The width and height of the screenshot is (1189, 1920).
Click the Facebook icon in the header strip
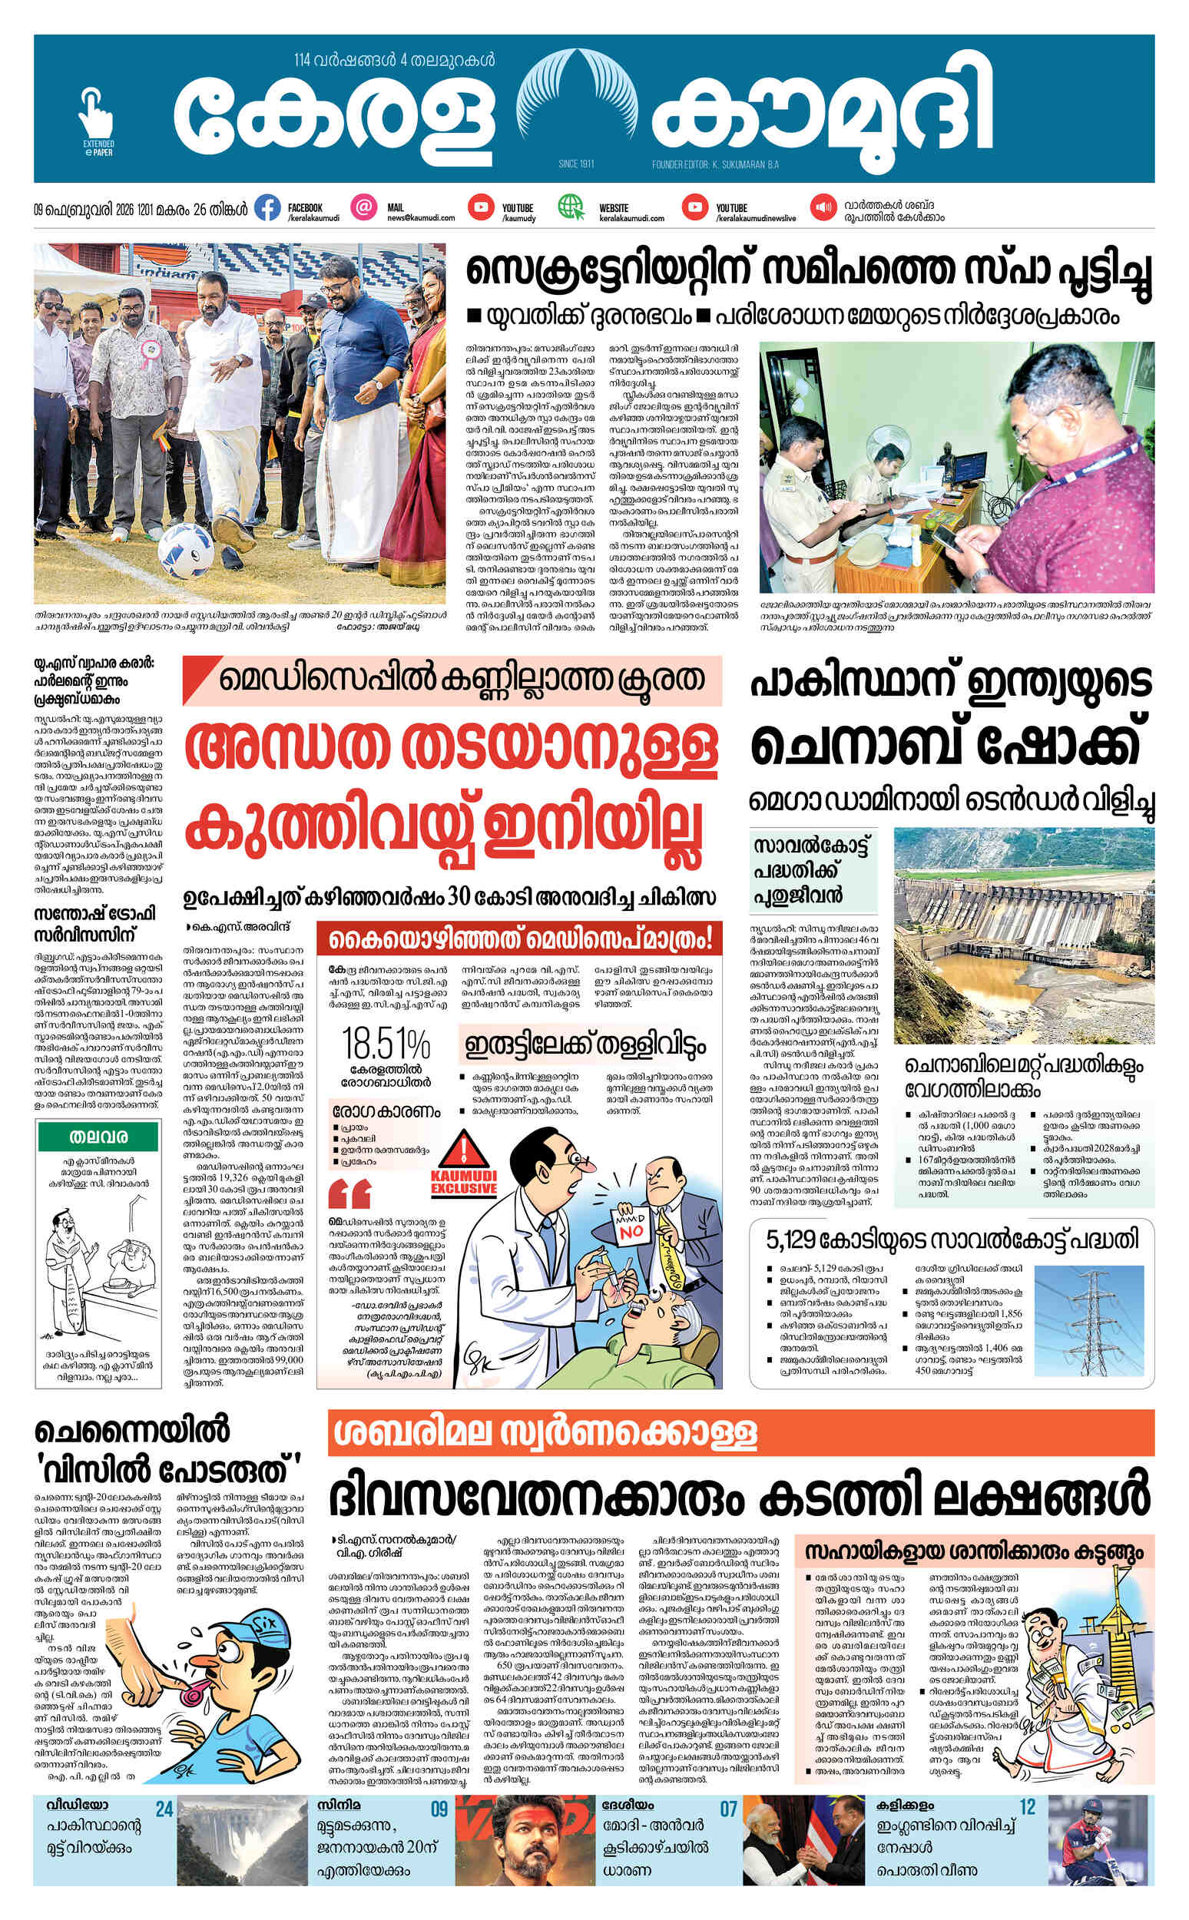[x=268, y=208]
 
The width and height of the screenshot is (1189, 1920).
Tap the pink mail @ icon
[x=363, y=208]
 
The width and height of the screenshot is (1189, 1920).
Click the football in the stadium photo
[x=187, y=554]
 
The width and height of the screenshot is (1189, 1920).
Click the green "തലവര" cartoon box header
[x=99, y=1137]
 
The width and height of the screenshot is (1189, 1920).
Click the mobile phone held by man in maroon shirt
[x=950, y=536]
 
